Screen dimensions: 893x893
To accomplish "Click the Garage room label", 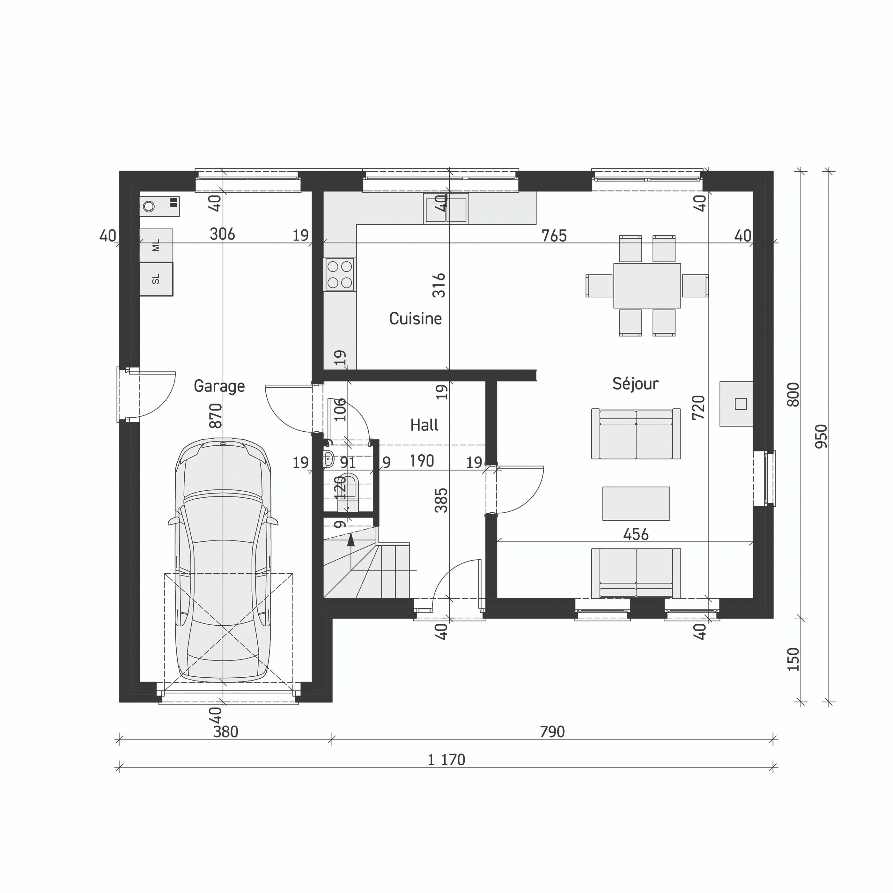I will pos(219,386).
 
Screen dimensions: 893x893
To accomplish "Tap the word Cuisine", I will pos(415,319).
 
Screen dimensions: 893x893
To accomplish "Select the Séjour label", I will pos(636,383).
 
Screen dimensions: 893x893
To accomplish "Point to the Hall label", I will pos(424,425).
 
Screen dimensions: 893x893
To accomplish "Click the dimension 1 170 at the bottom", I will pos(446,760).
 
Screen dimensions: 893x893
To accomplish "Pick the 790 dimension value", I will pos(552,732).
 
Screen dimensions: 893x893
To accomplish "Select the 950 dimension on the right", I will pos(821,436).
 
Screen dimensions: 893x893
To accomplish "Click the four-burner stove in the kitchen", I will pos(340,274).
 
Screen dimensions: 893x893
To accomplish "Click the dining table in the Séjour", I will pos(647,285).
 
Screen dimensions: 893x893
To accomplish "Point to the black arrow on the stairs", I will pos(351,539).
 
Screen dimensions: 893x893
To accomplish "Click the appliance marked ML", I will pos(156,245).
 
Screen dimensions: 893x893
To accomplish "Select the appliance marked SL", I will pos(156,279).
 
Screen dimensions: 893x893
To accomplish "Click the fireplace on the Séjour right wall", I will pos(737,403).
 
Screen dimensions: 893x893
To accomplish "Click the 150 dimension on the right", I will pos(793,659).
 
